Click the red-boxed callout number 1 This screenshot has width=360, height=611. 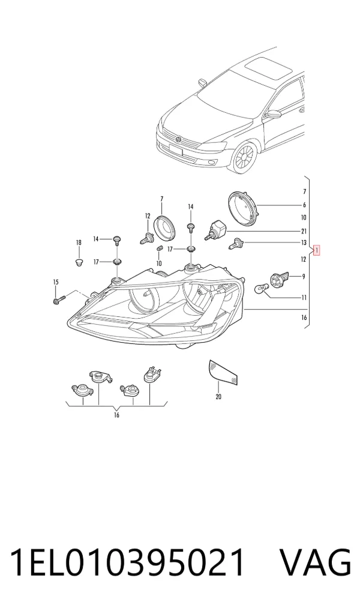pos(317,250)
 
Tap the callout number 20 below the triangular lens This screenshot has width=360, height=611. pos(218,397)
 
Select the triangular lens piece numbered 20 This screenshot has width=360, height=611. pos(223,372)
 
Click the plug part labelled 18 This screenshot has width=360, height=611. pos(79,262)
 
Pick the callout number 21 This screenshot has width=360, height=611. pos(304,232)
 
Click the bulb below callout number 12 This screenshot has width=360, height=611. pos(146,238)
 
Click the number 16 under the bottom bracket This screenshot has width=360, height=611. pos(116,415)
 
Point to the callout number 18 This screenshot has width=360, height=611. pos(79,243)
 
